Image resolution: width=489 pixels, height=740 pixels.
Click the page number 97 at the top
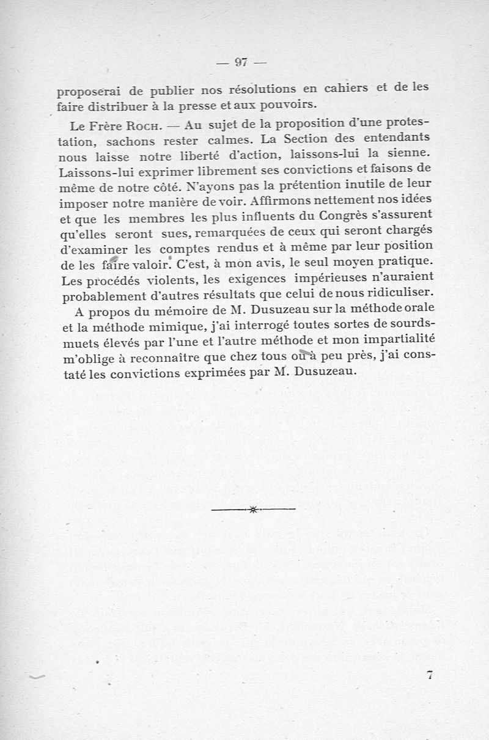coord(240,61)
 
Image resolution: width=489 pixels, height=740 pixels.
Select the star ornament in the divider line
coord(252,509)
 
